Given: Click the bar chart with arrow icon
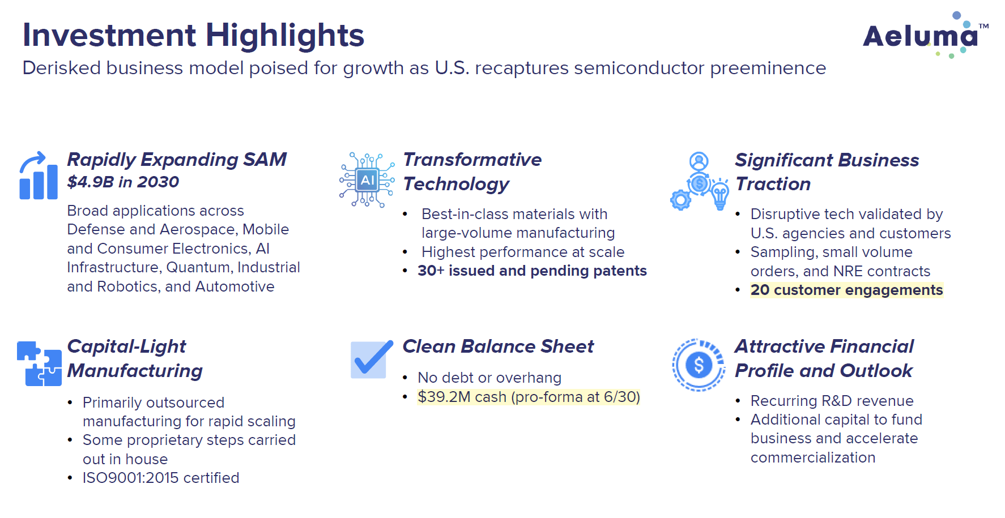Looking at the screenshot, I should [x=38, y=176].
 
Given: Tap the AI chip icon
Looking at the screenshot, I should [x=367, y=180].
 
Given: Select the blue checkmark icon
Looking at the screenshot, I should [x=371, y=359].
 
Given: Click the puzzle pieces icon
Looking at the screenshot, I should [x=39, y=363].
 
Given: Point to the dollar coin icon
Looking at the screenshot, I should [x=699, y=365].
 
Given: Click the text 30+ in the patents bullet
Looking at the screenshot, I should [x=431, y=271].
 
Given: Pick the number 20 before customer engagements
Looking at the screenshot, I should [x=760, y=290].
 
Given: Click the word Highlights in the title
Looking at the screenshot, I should [x=284, y=35].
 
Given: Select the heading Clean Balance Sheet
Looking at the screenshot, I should [x=497, y=346].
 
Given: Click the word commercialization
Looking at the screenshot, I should [x=812, y=457].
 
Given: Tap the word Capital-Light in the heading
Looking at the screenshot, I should [x=126, y=346].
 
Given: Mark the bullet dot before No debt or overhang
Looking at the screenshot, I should [x=405, y=378].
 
